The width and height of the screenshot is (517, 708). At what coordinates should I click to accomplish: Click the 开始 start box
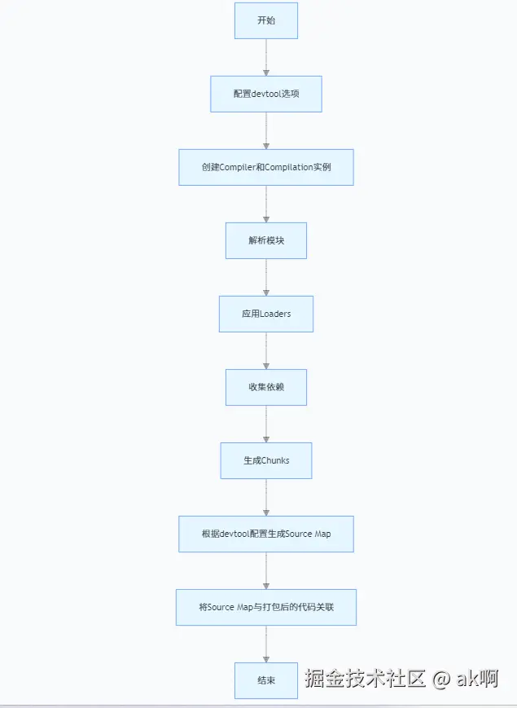[266, 20]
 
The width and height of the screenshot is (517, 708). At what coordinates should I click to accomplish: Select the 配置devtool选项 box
[266, 94]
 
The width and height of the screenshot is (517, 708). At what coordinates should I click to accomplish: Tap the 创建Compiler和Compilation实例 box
[266, 167]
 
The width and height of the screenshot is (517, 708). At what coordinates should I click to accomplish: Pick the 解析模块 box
[266, 240]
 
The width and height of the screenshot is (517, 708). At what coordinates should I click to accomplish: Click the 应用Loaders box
[266, 314]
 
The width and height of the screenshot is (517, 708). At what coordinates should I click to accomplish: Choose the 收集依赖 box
[266, 387]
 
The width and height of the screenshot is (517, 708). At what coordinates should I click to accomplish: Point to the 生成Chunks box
[266, 460]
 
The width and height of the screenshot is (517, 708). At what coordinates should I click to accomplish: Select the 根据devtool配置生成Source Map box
[266, 534]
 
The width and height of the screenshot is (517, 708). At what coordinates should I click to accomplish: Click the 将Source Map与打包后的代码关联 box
[266, 607]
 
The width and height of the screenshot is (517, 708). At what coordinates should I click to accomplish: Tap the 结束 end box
[266, 680]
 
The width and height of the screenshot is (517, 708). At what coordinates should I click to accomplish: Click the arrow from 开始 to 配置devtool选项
[266, 57]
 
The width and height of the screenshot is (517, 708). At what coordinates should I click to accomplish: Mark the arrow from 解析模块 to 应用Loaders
[266, 277]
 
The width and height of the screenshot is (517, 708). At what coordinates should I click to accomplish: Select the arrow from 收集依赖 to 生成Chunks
[266, 424]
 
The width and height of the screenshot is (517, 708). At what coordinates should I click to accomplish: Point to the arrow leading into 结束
[266, 644]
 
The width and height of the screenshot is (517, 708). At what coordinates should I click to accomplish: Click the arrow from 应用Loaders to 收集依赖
[266, 350]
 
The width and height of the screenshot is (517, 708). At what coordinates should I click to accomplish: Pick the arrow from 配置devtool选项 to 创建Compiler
[266, 130]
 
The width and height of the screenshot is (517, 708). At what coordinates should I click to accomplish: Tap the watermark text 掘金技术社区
[366, 678]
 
